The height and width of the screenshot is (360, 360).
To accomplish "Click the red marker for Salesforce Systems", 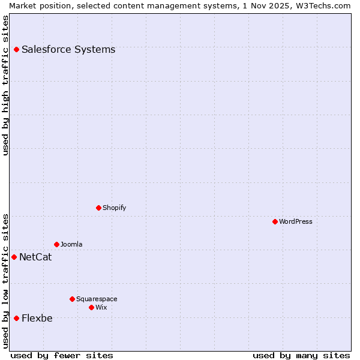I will (16, 49).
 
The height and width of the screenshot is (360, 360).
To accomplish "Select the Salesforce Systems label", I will (68, 49).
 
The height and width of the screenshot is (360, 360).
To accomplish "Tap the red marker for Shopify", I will (98, 208).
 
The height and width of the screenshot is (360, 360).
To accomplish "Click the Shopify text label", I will (114, 208).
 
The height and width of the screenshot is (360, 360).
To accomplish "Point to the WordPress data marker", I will (275, 221).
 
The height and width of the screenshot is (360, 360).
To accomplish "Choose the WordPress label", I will (295, 221).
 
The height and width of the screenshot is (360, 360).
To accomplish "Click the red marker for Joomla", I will (56, 244).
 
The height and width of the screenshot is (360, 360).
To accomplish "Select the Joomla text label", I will (71, 244).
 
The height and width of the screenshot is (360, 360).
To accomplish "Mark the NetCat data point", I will (14, 257).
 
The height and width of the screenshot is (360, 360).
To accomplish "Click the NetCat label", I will (35, 257).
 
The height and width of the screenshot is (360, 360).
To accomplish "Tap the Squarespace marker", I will (72, 299).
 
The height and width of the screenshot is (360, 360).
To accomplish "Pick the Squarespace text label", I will (97, 299).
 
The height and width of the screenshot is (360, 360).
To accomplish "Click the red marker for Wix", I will (91, 307).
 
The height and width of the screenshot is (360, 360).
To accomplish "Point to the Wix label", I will (101, 307).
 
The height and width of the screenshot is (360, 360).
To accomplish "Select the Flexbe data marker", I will (16, 318).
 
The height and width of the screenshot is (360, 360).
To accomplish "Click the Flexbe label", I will (37, 318).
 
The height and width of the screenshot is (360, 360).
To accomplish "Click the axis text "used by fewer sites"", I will (62, 355).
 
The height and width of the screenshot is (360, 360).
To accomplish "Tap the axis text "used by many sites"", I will (301, 355).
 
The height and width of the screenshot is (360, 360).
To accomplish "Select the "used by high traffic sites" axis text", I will (5, 85).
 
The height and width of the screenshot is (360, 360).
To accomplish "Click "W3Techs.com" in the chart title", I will (322, 5).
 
